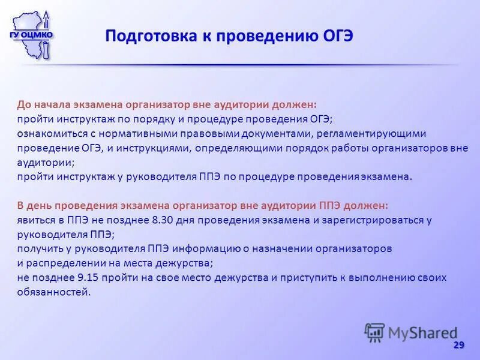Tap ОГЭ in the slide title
(x=335, y=36)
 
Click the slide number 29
(x=459, y=345)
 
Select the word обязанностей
(x=54, y=292)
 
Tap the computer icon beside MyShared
(x=374, y=332)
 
